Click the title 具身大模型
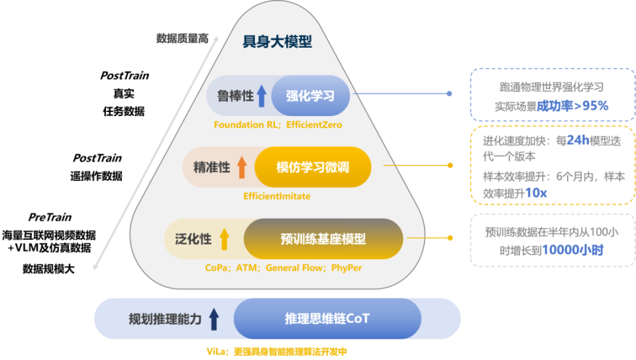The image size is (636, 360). coord(278,41)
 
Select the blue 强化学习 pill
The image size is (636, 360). coord(310,95)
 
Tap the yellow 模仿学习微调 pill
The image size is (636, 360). coord(313,167)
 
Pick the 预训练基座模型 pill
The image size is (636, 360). coord(323,239)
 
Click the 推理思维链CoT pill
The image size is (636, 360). coord(327,319)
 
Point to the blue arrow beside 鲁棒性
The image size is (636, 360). coord(262,96)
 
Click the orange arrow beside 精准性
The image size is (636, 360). coord(242,167)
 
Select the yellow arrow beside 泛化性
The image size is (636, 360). coord(225,239)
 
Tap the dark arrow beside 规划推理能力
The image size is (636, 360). coord(214,319)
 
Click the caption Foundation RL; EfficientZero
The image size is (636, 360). coord(278,125)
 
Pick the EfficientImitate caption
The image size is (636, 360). coord(277,196)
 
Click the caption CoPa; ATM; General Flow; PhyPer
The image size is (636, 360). coord(284,268)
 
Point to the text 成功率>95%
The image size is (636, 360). coord(572,106)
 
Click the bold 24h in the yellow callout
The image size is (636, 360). coord(578,141)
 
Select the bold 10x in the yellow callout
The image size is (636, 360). coord(536,193)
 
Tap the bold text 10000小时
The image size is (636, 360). coord(572,250)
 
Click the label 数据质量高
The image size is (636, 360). coord(183,38)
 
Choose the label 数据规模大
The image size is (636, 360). coord(48,269)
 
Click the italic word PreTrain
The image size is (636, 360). coord(50,217)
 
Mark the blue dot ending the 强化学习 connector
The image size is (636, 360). coord(449,93)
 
